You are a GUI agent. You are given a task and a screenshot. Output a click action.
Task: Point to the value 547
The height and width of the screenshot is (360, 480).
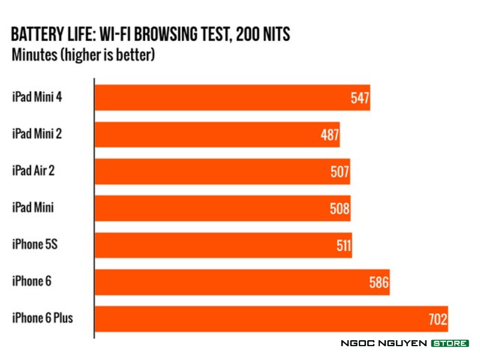(x=359, y=98)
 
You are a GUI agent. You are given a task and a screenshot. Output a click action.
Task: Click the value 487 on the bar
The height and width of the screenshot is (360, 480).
(x=330, y=135)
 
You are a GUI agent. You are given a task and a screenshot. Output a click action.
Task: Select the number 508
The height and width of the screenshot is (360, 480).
(x=340, y=209)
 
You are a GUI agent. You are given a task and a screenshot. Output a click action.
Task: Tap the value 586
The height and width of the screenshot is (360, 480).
(x=379, y=282)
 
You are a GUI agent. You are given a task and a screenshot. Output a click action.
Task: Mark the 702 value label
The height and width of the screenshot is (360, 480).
(x=438, y=319)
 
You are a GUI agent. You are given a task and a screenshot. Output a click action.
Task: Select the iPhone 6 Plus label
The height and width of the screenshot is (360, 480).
(x=42, y=317)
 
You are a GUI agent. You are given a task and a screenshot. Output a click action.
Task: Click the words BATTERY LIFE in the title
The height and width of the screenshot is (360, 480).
(x=53, y=34)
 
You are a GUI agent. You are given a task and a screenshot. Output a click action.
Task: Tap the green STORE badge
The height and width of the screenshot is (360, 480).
(x=449, y=343)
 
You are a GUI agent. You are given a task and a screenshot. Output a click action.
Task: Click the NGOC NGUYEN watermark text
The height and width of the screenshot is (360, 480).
(x=383, y=343)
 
